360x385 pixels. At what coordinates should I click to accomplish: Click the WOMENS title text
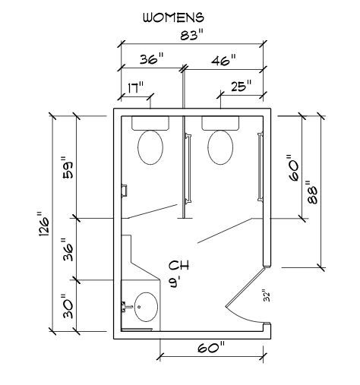[x=173, y=17]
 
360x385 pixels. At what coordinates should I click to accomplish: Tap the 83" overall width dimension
[x=192, y=35]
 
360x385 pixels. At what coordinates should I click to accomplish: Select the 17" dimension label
[x=136, y=87]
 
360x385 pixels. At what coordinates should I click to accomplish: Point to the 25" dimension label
[x=242, y=86]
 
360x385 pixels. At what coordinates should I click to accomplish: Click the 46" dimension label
[x=223, y=61]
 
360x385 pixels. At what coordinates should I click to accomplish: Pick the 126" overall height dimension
[x=44, y=225]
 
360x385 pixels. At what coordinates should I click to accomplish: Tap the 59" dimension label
[x=68, y=168]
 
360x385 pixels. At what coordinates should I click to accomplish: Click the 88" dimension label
[x=312, y=192]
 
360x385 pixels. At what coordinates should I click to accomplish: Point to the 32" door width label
[x=267, y=295]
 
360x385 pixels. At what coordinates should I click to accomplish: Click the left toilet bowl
[x=150, y=147]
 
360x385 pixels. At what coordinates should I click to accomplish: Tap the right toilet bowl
[x=220, y=147]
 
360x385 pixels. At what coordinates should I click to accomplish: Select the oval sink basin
[x=146, y=307]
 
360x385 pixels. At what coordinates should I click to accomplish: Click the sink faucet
[x=127, y=307]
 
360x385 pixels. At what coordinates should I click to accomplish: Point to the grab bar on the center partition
[x=188, y=169]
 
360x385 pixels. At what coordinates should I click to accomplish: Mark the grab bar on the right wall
[x=260, y=167]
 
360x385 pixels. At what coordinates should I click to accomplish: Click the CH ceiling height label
[x=179, y=265]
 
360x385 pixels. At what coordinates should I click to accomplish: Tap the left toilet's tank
[x=150, y=123]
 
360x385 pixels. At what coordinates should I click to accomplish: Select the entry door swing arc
[x=244, y=317]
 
